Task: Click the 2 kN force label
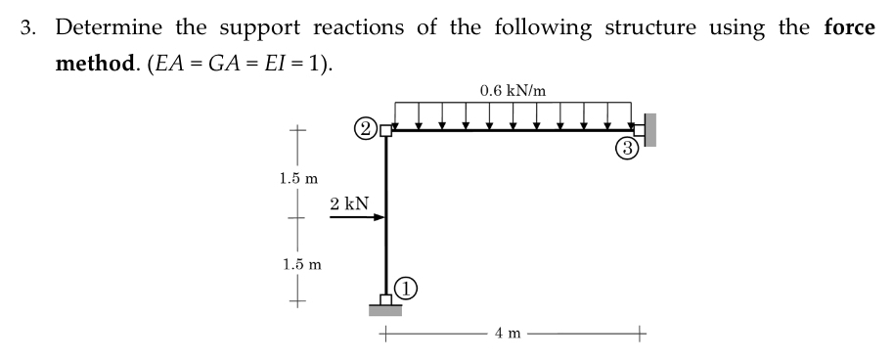349,203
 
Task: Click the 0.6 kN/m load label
513,91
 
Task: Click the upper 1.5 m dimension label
299,179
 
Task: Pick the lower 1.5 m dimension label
299,263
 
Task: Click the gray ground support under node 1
387,310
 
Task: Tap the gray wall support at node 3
649,129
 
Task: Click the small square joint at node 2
385,129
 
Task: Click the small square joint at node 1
387,298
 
